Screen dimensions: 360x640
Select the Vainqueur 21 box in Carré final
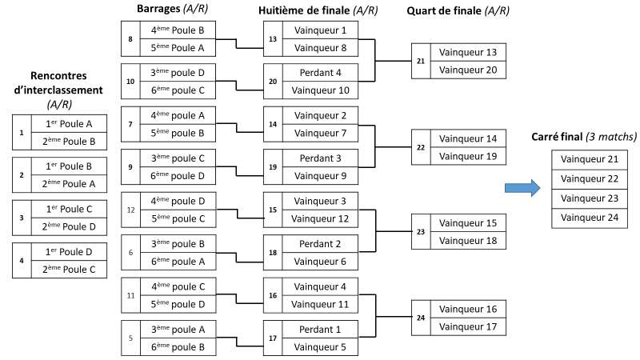point(591,159)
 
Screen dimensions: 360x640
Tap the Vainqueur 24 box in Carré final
point(591,217)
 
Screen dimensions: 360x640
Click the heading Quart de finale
point(457,10)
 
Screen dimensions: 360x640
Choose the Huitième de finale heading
point(318,10)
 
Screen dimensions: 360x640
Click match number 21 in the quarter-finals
point(421,61)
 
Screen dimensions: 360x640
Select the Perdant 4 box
point(320,73)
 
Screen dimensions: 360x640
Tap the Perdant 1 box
point(320,329)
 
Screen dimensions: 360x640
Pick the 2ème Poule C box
point(67,270)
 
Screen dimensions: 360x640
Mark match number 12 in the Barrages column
point(130,209)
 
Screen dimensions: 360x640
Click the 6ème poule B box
point(178,346)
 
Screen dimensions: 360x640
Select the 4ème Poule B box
point(178,30)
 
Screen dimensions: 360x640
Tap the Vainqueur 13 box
point(468,53)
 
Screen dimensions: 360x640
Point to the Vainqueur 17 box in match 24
point(468,326)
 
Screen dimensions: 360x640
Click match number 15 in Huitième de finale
point(272,209)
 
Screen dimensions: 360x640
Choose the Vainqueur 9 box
point(320,175)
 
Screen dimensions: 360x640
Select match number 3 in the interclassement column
point(22,217)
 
